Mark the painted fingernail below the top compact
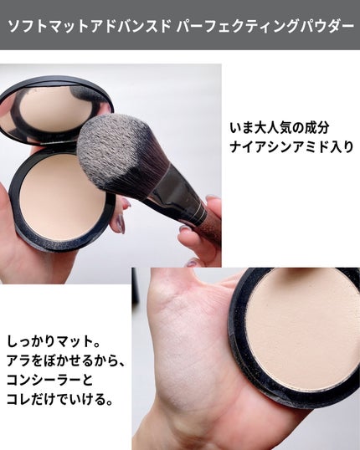pyautogui.click(x=119, y=222)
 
